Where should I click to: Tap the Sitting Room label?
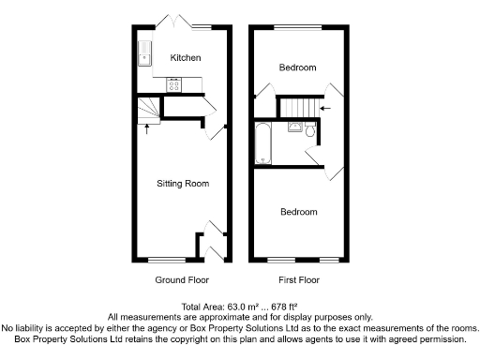(182, 183)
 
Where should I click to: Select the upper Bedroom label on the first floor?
(299, 67)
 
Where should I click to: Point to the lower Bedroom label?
(299, 212)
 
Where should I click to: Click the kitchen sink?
(144, 55)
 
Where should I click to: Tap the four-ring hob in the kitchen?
(174, 84)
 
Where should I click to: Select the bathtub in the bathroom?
(262, 144)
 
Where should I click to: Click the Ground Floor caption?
(182, 279)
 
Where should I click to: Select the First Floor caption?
(299, 279)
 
